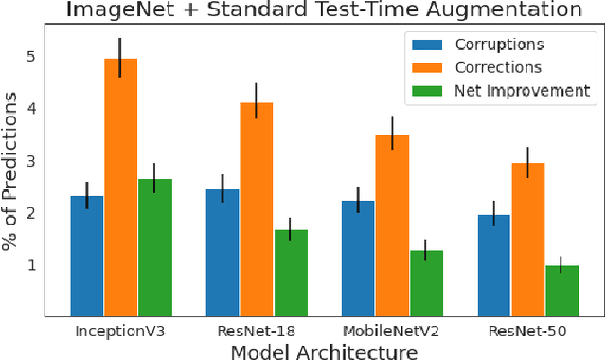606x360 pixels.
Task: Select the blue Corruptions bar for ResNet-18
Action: [x=223, y=252]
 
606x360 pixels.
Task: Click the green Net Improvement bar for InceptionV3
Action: [x=154, y=246]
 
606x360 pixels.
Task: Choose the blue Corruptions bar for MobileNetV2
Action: [x=358, y=258]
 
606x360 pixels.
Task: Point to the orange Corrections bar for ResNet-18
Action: [x=257, y=208]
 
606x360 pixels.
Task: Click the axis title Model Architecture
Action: [x=324, y=351]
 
